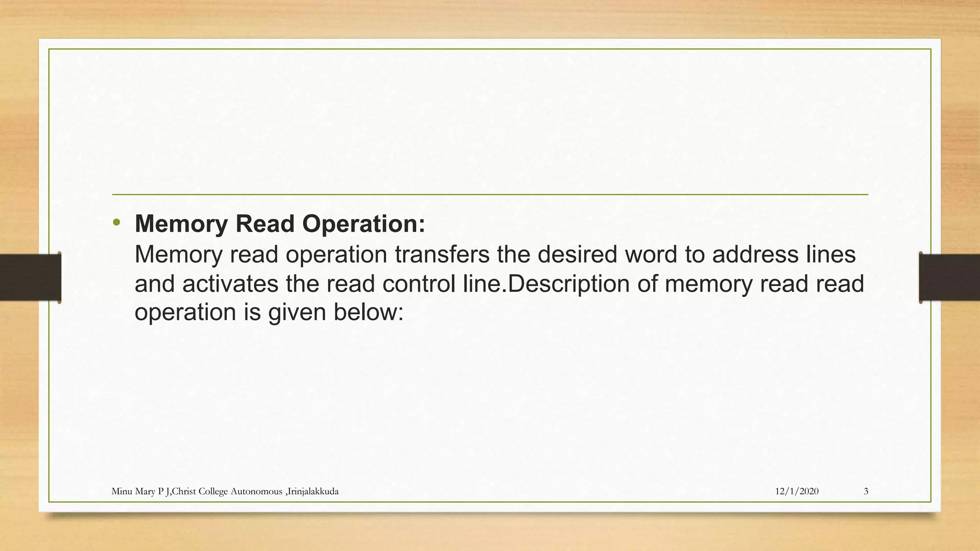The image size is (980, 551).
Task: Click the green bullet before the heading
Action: (x=116, y=222)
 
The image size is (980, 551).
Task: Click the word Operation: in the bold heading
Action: (x=364, y=224)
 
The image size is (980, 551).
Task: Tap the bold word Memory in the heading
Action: (x=181, y=224)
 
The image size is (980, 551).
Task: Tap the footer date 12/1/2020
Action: (x=796, y=491)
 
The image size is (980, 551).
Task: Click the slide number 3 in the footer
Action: (x=866, y=491)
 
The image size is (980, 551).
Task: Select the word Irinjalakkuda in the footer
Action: (x=313, y=491)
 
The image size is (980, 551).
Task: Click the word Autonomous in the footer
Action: (x=256, y=491)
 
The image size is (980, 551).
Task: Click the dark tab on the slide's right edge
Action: (x=949, y=277)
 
